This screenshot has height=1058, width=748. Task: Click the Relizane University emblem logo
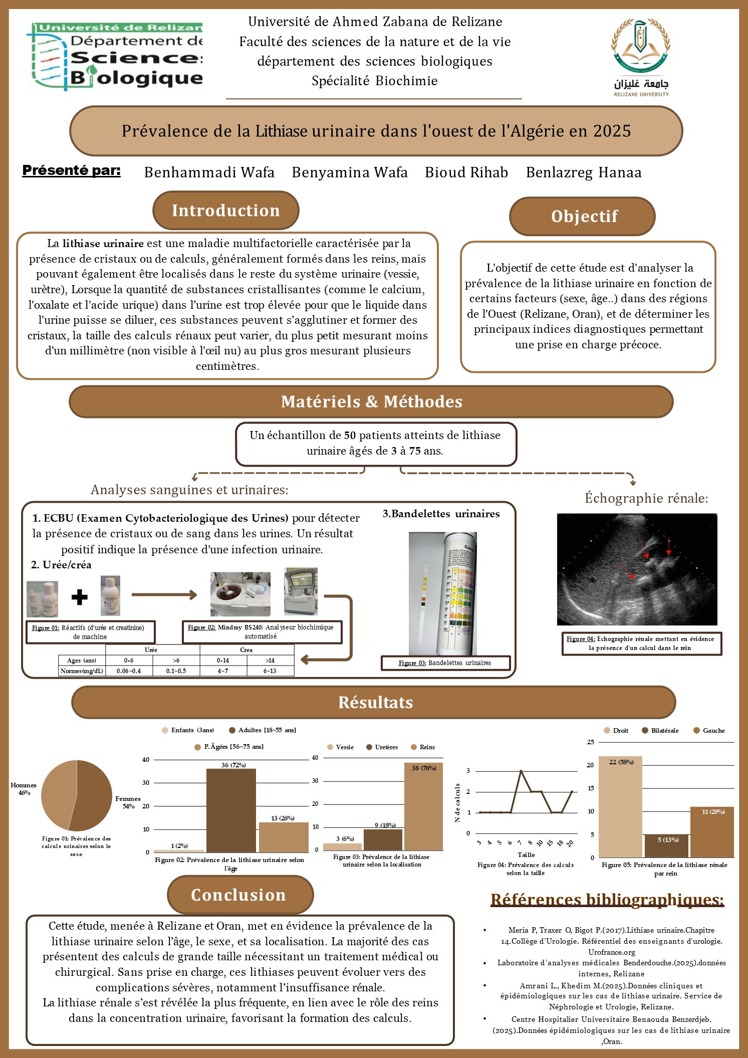pyautogui.click(x=641, y=56)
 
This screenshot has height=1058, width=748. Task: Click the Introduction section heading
pyautogui.click(x=225, y=210)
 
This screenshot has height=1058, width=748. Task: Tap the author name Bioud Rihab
pyautogui.click(x=466, y=172)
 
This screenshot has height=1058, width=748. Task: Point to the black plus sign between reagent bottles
pyautogui.click(x=79, y=597)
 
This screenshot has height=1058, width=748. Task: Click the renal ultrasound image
pyautogui.click(x=637, y=569)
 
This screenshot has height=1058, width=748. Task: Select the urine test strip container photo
pyautogui.click(x=443, y=593)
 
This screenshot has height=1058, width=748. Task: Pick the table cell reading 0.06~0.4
pyautogui.click(x=128, y=671)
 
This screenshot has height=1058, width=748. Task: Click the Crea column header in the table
pyautogui.click(x=246, y=650)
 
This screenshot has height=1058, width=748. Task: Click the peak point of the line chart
pyautogui.click(x=521, y=771)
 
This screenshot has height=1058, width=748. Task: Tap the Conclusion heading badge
pyautogui.click(x=239, y=895)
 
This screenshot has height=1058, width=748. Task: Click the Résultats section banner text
pyautogui.click(x=375, y=703)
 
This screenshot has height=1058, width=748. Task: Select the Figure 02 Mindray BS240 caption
pyautogui.click(x=261, y=632)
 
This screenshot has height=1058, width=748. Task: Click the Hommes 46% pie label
pyautogui.click(x=24, y=789)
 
